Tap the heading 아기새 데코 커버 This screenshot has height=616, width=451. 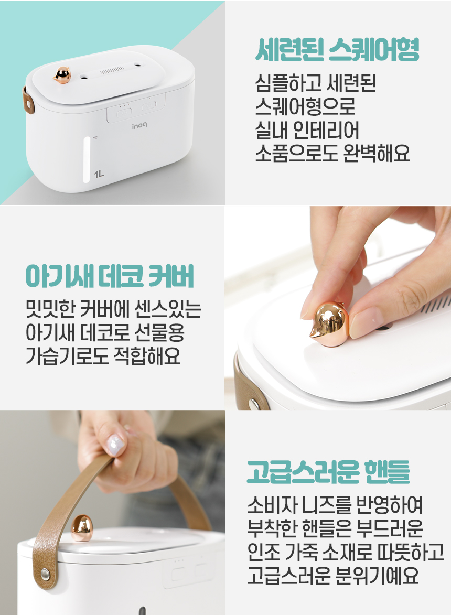tap(110, 277)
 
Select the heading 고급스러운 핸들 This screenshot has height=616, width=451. tap(328, 471)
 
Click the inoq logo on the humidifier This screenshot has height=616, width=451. tap(140, 126)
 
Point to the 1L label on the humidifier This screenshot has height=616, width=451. tap(99, 174)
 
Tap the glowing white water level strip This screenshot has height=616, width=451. tap(87, 159)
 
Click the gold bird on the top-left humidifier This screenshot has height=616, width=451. tap(62, 75)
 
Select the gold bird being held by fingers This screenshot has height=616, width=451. tap(329, 325)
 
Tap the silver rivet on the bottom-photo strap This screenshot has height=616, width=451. tap(46, 574)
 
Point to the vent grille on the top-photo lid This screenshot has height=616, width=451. tap(112, 71)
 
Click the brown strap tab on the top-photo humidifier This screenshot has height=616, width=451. tap(28, 100)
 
